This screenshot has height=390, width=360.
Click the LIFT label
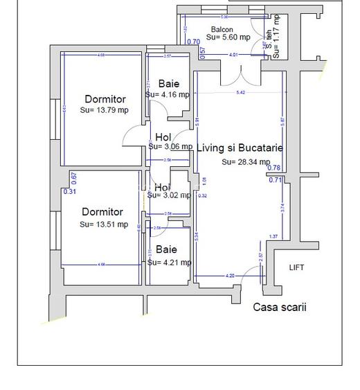296,267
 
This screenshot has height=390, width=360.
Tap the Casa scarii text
279,308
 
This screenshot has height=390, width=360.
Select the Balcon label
222,29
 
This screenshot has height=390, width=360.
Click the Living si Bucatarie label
240,148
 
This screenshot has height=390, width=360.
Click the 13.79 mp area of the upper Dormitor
105,110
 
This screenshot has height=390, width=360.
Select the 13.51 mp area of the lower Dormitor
104,224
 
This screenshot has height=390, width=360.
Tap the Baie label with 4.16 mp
168,84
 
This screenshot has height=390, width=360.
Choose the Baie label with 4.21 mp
166,249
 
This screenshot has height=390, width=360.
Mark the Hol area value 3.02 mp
169,196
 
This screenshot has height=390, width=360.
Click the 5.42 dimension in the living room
240,92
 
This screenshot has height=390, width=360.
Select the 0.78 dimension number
274,168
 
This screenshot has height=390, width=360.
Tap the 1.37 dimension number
273,237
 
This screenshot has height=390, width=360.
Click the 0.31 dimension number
69,192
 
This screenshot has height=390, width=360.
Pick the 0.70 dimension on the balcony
194,42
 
